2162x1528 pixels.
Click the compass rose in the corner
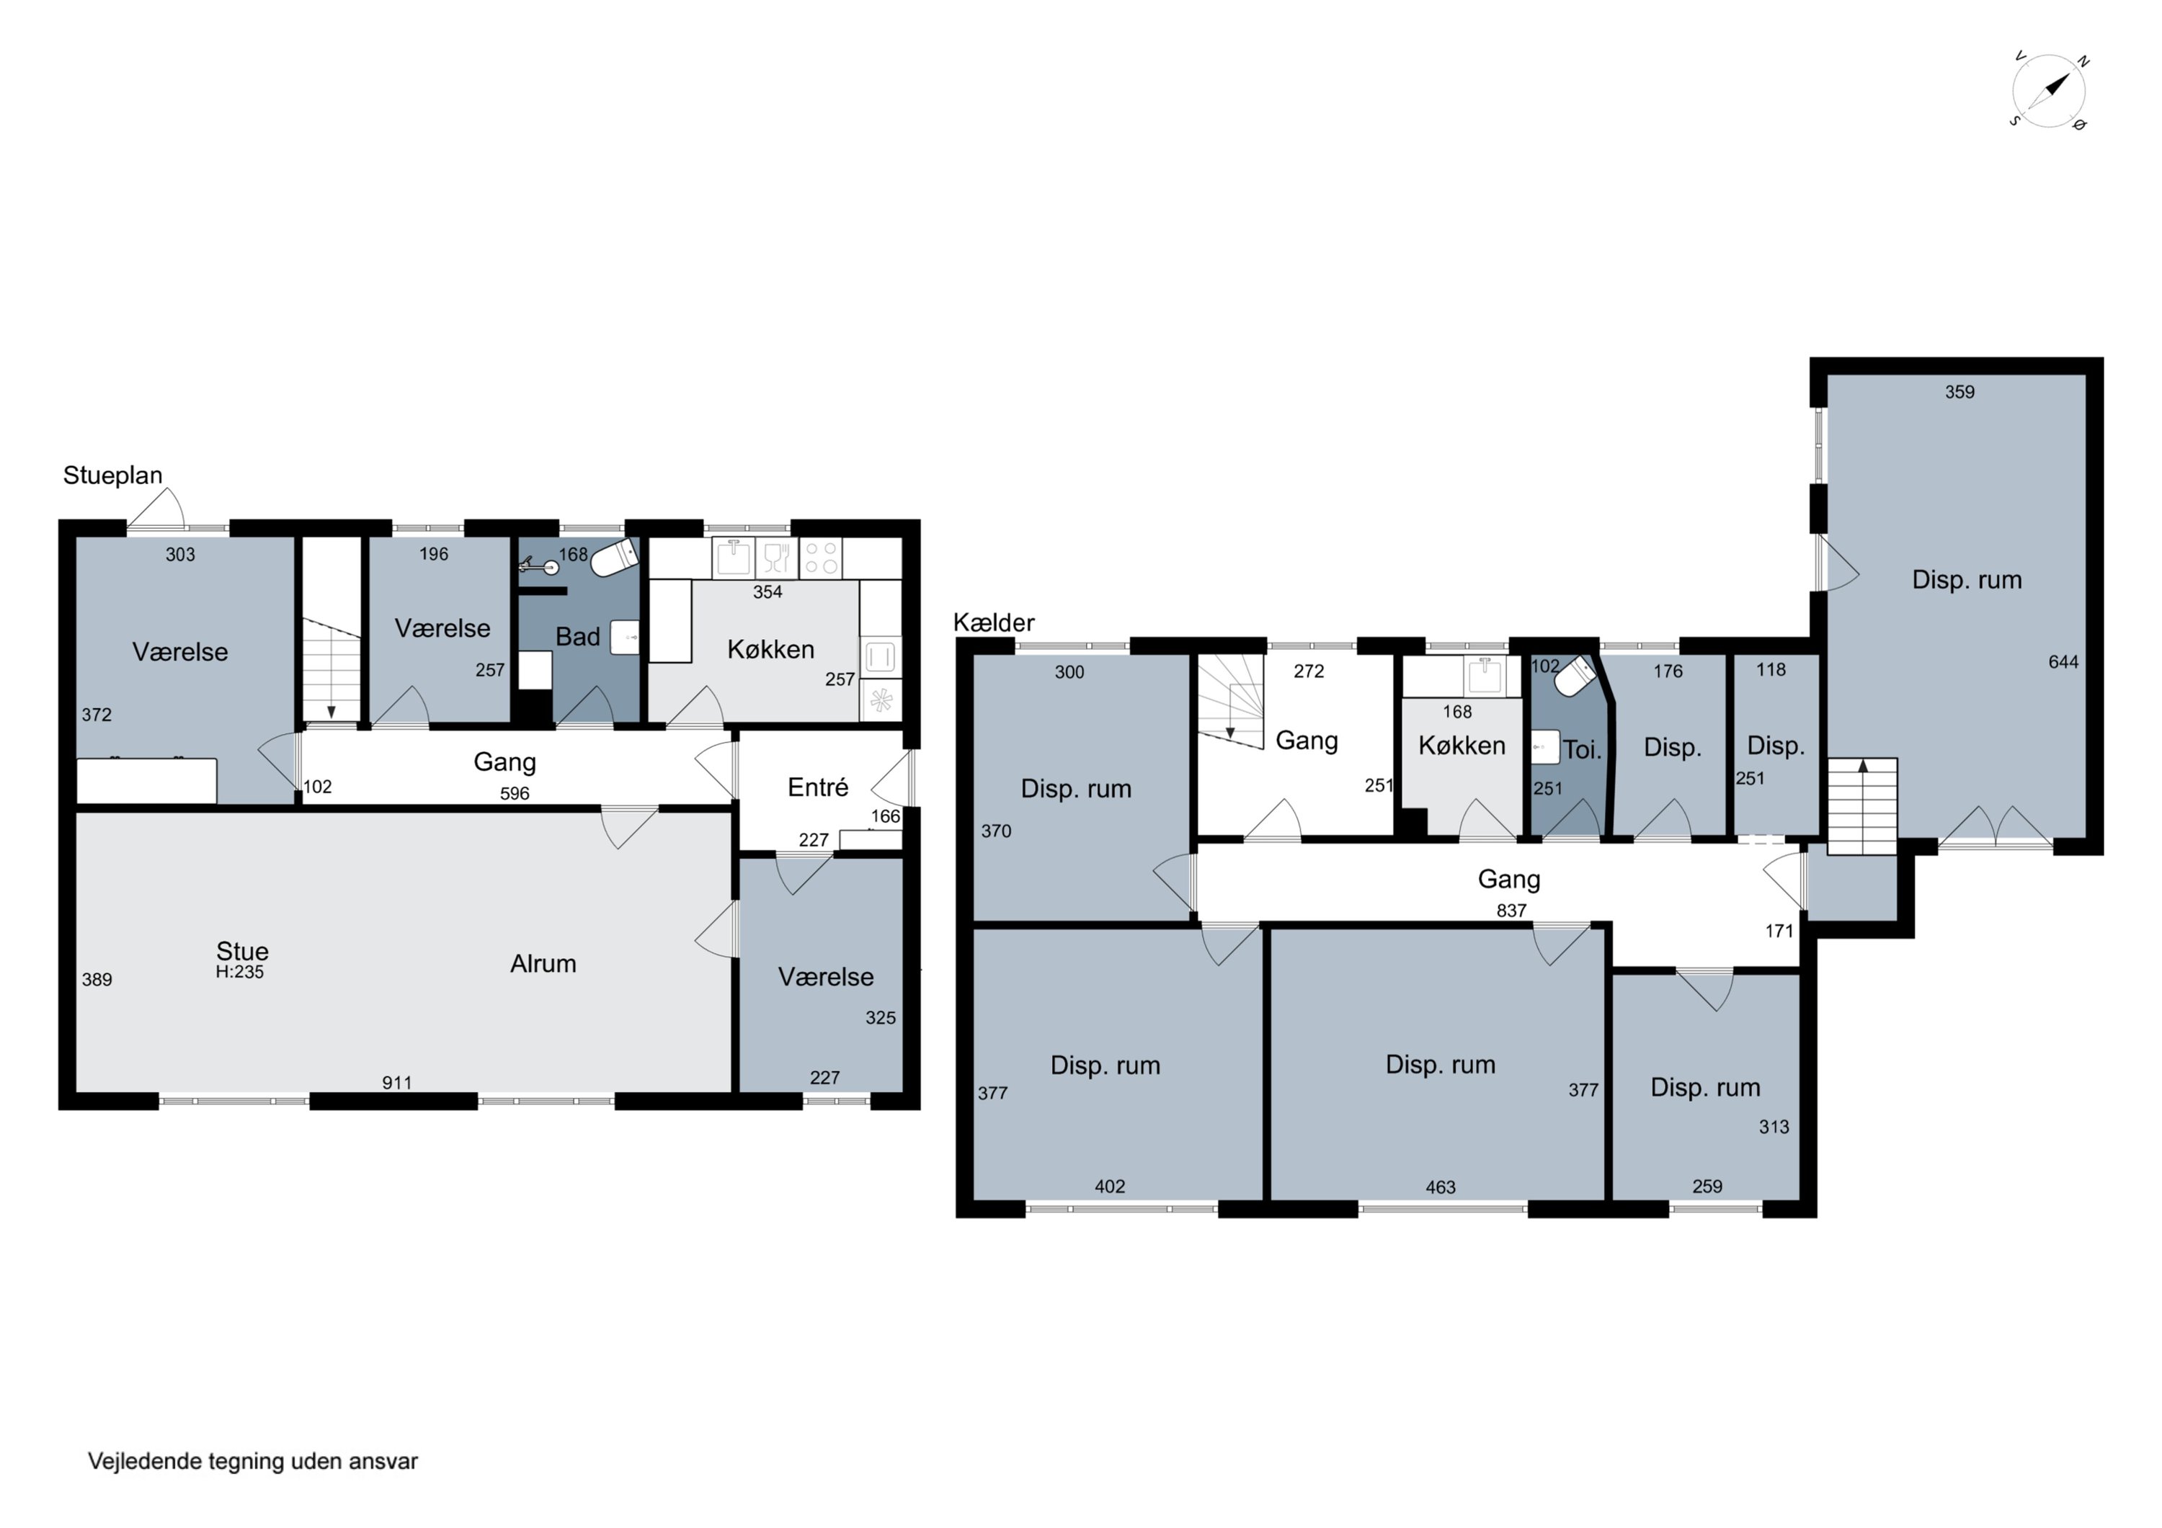tap(2049, 91)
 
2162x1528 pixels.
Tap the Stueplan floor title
tap(113, 475)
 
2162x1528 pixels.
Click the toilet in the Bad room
tap(614, 558)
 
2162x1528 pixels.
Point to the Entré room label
tap(818, 787)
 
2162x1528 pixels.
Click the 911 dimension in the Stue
tap(397, 1083)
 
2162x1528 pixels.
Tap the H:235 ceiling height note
tap(239, 972)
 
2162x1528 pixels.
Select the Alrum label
tap(543, 963)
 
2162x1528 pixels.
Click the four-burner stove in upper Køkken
tap(820, 558)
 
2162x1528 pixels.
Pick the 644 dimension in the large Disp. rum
tap(2063, 662)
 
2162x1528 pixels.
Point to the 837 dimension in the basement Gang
tap(1511, 911)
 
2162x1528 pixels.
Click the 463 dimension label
tap(1441, 1187)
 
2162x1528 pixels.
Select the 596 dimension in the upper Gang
tap(515, 794)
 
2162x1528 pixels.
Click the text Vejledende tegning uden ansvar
tap(253, 1461)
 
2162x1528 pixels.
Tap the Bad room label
tap(577, 638)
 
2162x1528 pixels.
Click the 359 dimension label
tap(1959, 392)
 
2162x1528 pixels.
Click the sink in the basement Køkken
tap(1485, 675)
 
